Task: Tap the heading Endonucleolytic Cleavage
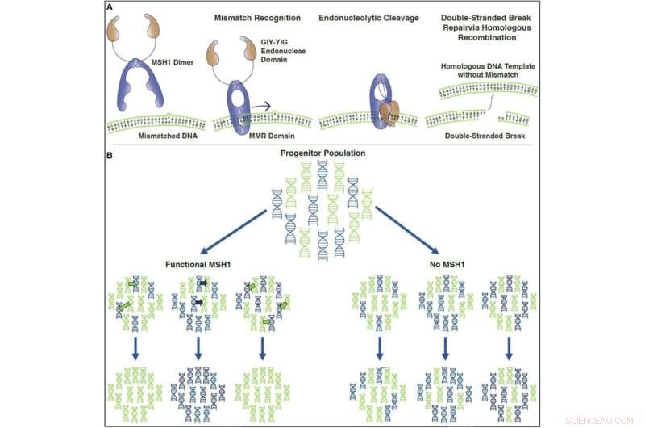pos(361,17)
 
